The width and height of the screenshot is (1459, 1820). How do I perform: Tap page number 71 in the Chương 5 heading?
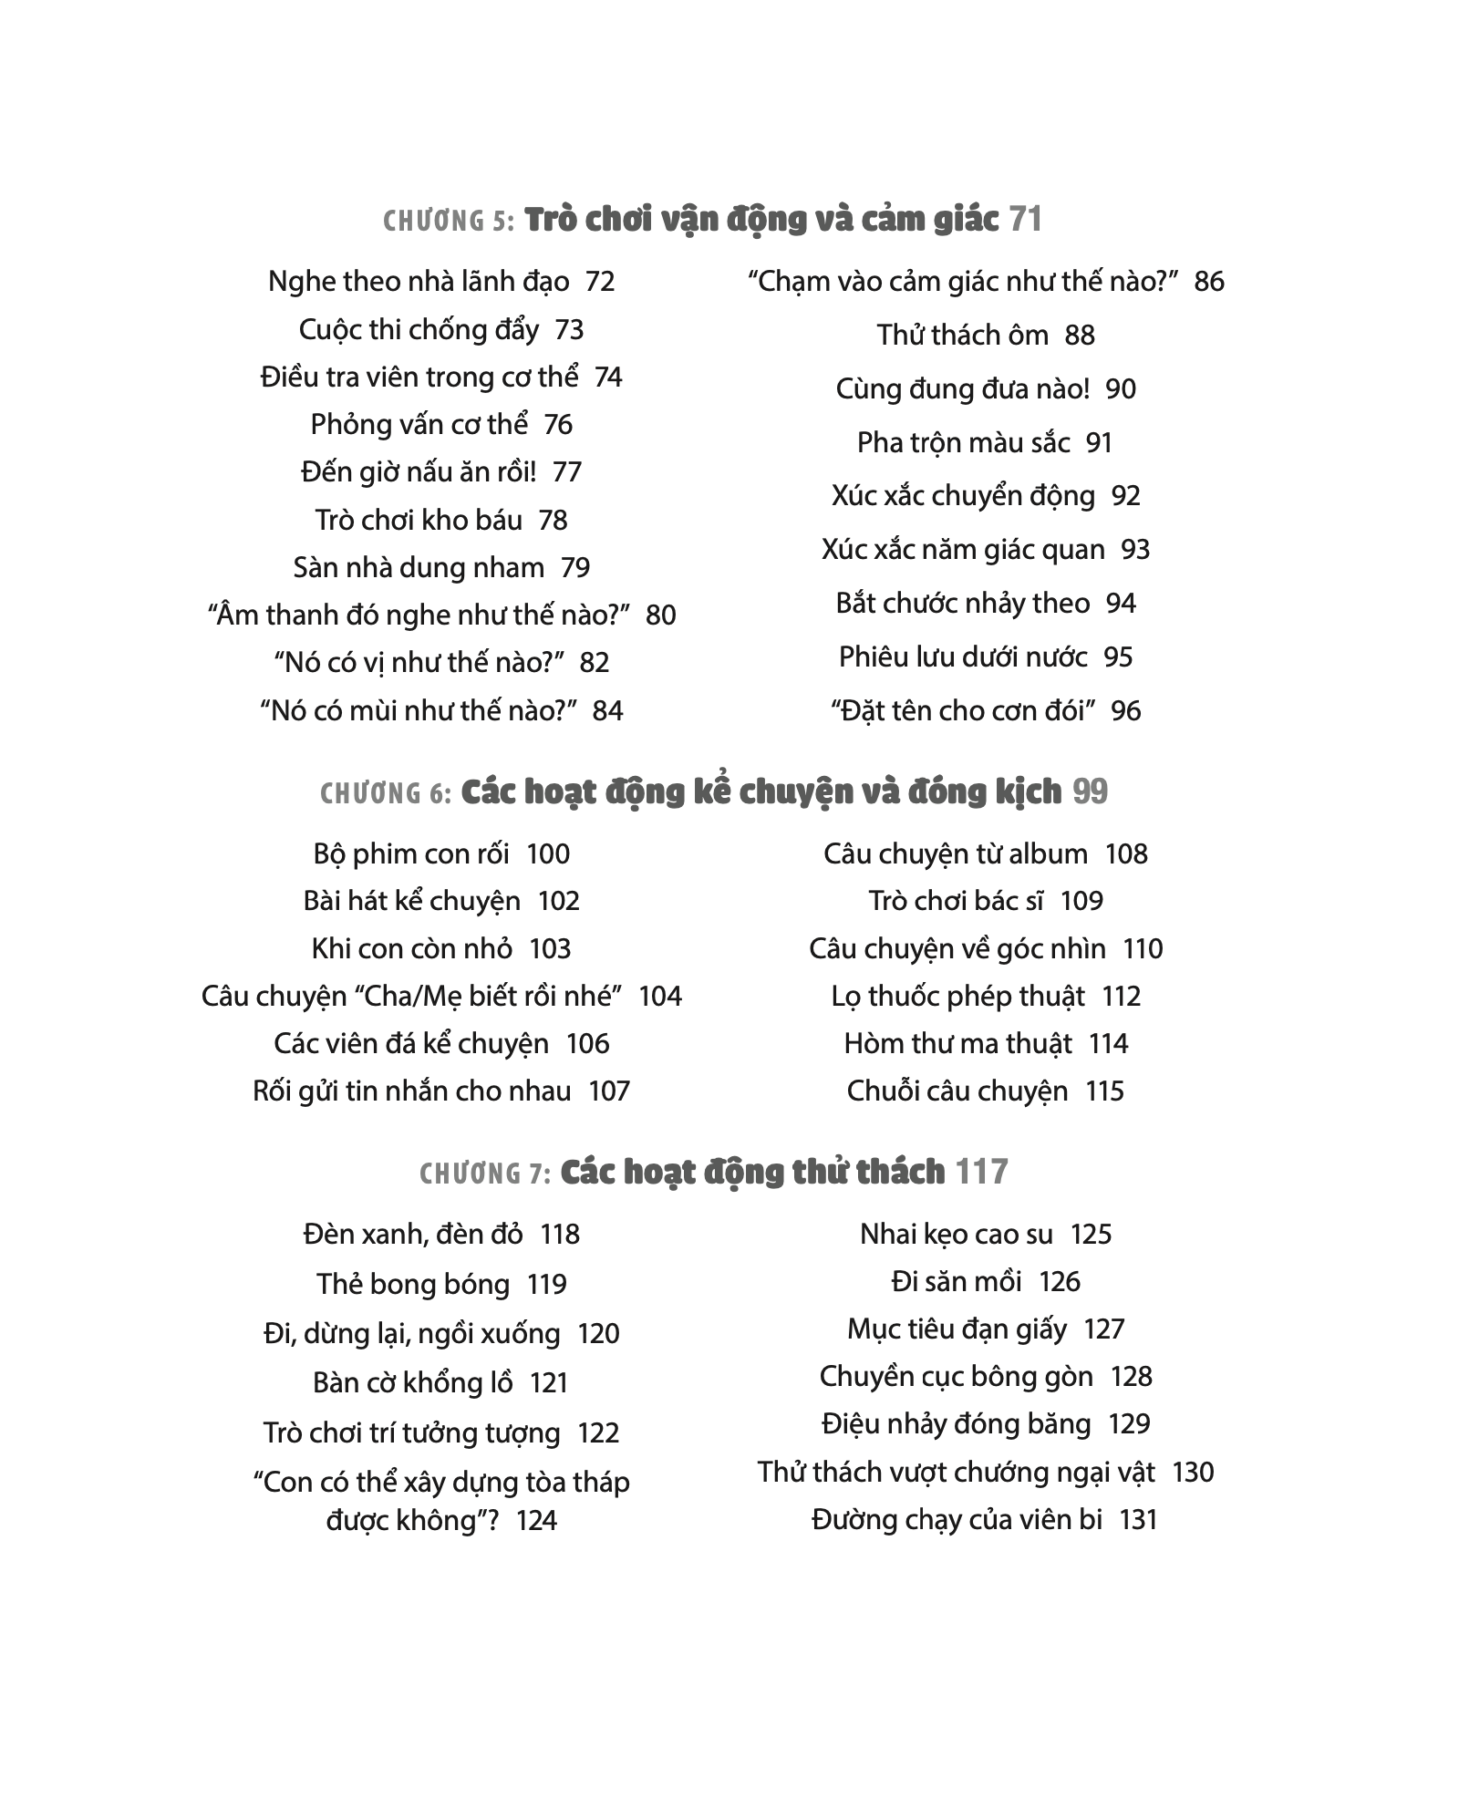coord(1025,220)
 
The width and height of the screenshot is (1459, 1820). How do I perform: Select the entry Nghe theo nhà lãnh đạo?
coord(419,282)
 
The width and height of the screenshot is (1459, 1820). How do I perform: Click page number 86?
coord(1208,282)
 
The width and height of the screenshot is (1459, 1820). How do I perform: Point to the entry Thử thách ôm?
coord(962,336)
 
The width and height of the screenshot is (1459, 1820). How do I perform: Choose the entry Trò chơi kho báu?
coord(419,521)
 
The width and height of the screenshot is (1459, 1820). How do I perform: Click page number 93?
coord(1135,550)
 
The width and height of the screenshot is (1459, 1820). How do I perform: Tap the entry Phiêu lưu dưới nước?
coord(963,657)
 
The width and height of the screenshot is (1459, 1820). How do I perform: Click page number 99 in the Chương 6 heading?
coord(1090,791)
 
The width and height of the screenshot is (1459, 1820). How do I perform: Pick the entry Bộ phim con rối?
coord(410,854)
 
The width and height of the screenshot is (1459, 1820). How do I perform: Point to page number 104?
coord(660,997)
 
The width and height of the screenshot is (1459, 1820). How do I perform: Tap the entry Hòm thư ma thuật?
coord(957,1044)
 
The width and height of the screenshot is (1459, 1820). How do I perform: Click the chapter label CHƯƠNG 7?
coord(485,1174)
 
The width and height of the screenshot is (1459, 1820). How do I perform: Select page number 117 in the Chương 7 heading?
coord(981,1172)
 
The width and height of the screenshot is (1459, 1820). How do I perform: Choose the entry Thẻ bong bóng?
coord(412,1285)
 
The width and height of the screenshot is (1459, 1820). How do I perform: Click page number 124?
coord(536,1521)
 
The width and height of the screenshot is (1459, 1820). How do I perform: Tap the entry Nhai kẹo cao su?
coord(956,1235)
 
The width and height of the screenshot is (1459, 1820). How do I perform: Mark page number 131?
coord(1138,1520)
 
